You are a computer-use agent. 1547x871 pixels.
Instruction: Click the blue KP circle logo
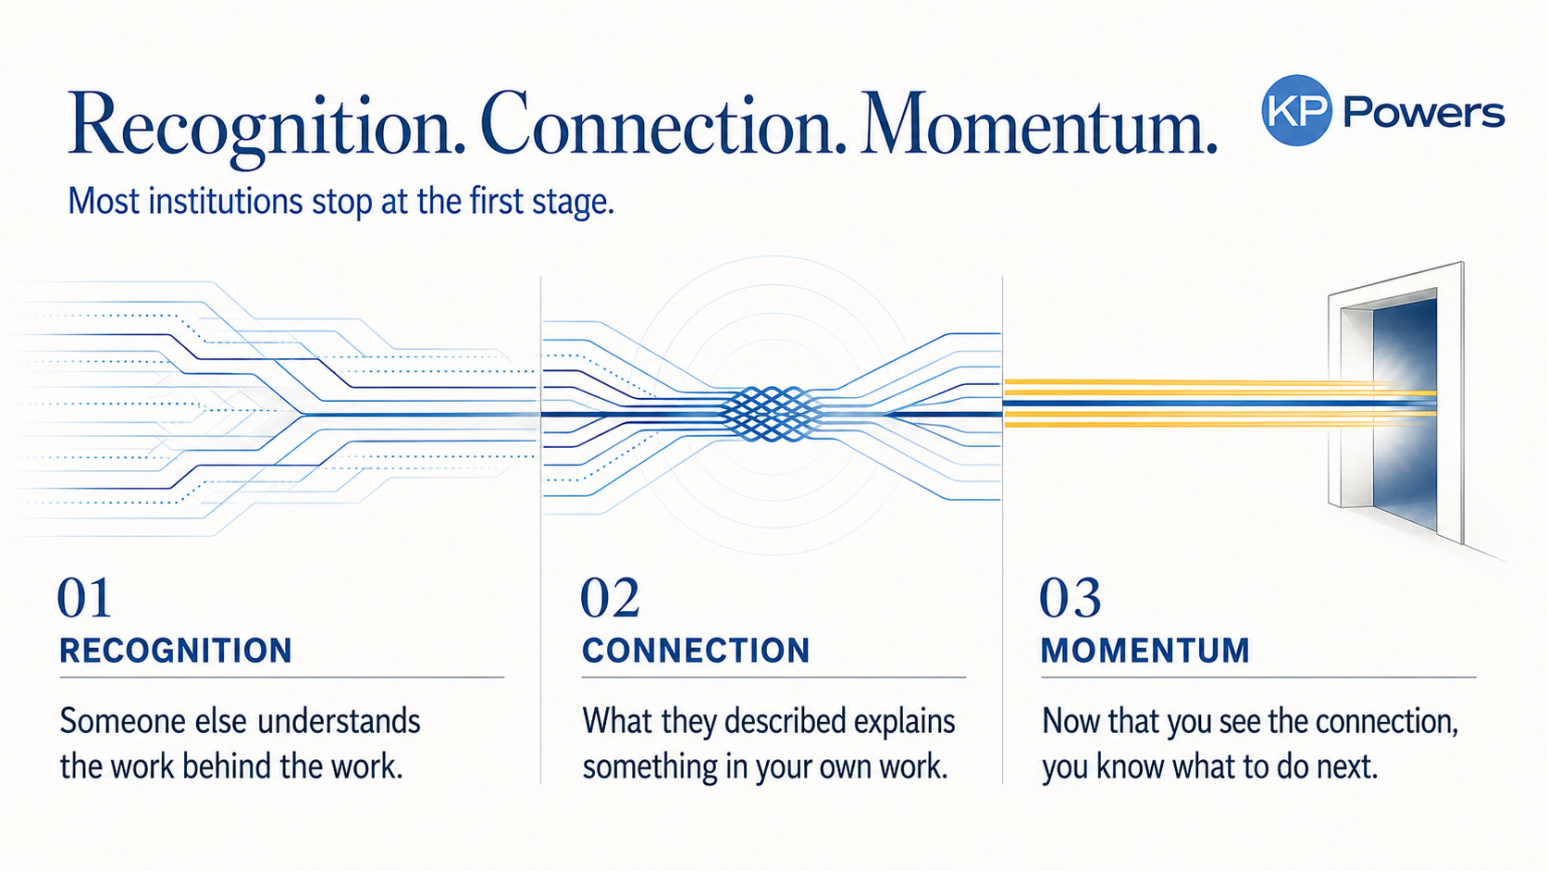pos(1296,110)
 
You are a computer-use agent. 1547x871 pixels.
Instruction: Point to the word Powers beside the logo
pos(1424,113)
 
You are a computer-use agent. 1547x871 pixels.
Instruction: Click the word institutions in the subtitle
pos(225,202)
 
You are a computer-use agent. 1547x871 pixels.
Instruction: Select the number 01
pos(84,598)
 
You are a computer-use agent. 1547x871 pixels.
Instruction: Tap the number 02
pos(610,598)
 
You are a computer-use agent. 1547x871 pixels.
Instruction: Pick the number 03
pos(1070,598)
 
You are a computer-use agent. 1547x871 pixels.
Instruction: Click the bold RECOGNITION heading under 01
pos(176,651)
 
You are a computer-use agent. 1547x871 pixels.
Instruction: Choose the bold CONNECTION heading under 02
pos(696,651)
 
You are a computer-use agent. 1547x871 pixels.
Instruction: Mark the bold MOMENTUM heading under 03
pos(1145,651)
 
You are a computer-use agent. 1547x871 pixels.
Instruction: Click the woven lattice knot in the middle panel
pos(773,415)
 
